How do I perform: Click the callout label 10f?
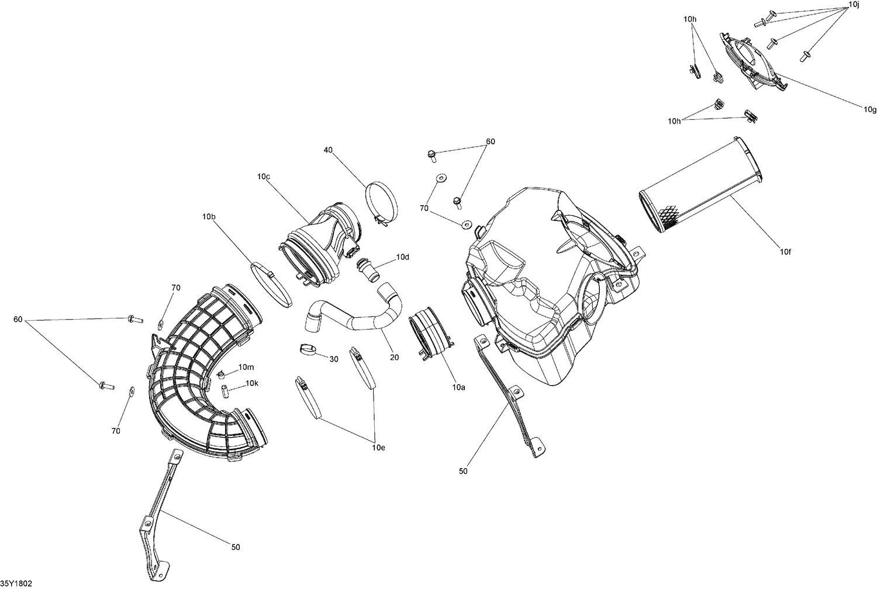786,252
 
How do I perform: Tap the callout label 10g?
870,109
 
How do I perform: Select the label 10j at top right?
854,5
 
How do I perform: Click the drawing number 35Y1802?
16,583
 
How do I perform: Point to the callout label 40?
328,150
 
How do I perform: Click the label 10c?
263,176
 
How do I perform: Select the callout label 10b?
209,217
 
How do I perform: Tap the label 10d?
402,257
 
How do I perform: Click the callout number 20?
394,357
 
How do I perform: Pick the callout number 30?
334,359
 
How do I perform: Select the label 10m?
246,367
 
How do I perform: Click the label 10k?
251,383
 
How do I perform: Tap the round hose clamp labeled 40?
382,202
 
